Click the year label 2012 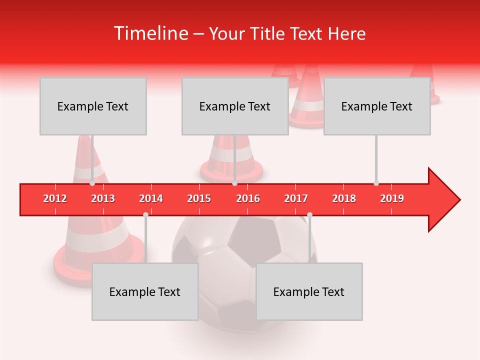[55, 198]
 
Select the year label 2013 [103, 198]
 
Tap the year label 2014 [151, 198]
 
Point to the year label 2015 [199, 198]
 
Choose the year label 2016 [248, 198]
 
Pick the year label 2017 [296, 198]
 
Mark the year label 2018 [344, 198]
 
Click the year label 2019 [392, 198]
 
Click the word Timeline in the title [150, 33]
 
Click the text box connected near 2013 [93, 106]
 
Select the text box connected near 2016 [235, 106]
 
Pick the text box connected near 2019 [377, 106]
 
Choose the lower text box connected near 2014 [145, 291]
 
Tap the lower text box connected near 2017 [309, 291]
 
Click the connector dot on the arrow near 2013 [92, 183]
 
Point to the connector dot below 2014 [145, 214]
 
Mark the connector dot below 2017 [309, 214]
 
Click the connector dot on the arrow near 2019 [376, 183]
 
